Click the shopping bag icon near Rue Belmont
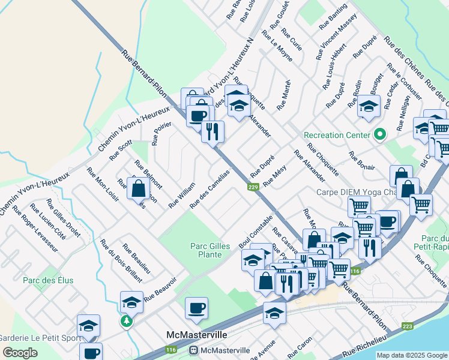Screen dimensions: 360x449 139,188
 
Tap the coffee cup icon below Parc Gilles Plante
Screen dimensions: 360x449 196,309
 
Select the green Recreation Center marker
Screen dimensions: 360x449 379,134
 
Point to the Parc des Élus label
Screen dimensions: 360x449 48,280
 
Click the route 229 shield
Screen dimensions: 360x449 253,188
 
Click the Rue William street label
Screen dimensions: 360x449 182,196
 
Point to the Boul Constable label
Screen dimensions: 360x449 256,232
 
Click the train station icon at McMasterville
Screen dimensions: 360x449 194,350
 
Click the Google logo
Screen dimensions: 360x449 20,352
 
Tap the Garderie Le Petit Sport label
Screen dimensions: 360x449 40,338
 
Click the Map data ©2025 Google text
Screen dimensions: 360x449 412,355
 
